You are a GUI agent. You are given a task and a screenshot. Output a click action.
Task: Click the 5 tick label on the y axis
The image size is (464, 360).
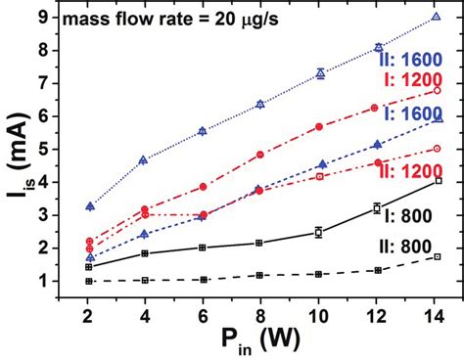click(x=61, y=149)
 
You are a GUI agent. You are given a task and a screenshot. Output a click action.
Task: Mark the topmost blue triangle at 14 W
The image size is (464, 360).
click(x=437, y=17)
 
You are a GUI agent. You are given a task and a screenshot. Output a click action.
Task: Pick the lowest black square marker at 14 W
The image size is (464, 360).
click(x=437, y=256)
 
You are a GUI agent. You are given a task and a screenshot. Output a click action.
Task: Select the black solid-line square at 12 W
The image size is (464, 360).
click(x=377, y=207)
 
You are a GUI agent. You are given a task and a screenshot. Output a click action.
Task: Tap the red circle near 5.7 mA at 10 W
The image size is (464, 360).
click(x=319, y=126)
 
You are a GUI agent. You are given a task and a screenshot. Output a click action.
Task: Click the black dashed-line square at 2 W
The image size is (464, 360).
click(x=90, y=281)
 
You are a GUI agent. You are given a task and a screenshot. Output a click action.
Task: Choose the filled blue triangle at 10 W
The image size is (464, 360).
click(x=319, y=164)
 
